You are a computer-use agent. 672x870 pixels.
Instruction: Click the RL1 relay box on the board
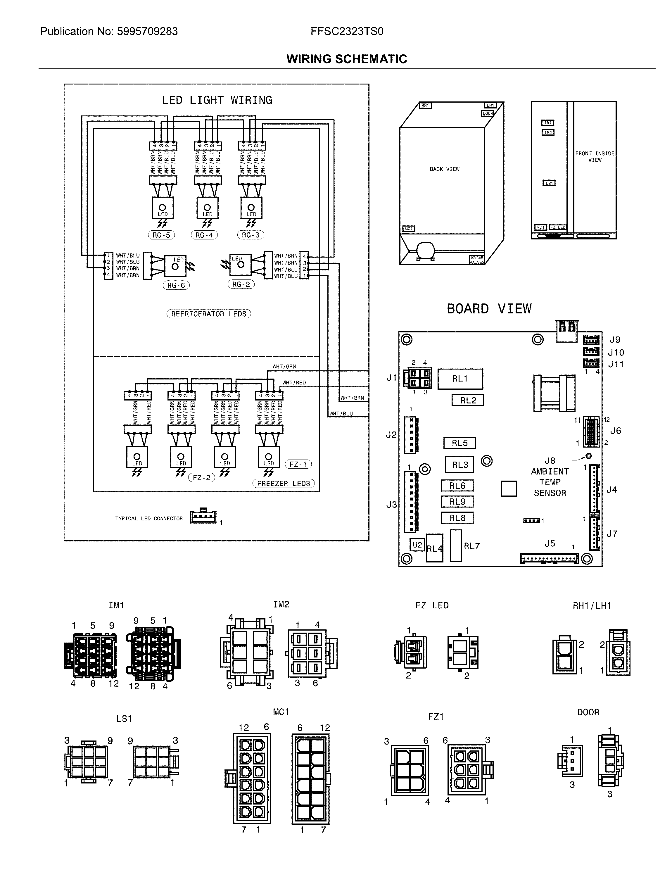point(460,379)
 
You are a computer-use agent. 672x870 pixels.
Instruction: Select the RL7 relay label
point(472,546)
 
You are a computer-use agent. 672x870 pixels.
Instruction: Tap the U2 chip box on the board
point(417,545)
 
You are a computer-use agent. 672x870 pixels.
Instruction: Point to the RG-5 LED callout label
point(161,235)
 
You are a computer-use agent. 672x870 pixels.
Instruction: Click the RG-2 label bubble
point(241,284)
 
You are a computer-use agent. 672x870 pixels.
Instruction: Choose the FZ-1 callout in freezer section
point(298,464)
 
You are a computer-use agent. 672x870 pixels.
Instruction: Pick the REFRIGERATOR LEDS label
point(209,314)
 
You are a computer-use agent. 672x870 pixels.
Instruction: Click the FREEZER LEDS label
point(283,484)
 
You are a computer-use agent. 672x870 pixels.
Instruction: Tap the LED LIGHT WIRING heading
point(217,100)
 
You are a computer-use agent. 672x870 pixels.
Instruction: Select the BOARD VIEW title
point(489,309)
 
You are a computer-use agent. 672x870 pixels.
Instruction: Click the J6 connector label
point(615,431)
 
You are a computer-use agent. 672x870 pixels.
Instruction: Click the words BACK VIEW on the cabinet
point(445,169)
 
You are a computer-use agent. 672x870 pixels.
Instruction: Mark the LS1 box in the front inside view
point(549,183)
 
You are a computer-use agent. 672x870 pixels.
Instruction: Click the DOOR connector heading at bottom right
point(588,712)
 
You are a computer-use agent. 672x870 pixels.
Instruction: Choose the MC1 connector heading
point(281,712)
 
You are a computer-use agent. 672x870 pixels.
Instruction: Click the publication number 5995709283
point(147,32)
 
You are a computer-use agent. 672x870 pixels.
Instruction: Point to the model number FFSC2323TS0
point(347,32)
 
